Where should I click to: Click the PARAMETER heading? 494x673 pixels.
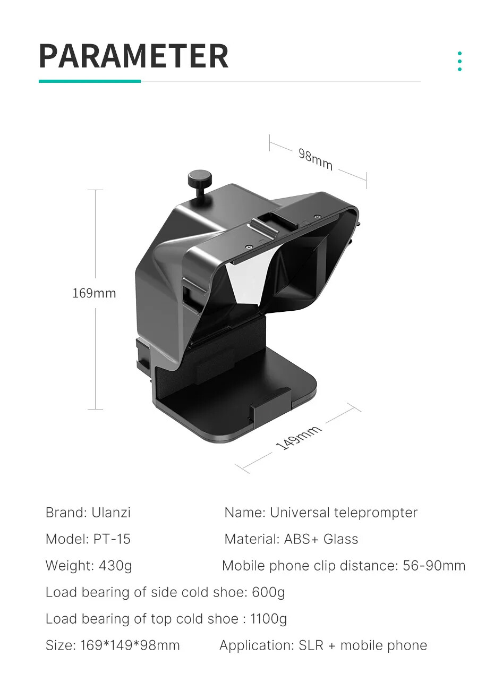click(134, 56)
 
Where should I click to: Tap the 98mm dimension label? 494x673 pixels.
click(315, 159)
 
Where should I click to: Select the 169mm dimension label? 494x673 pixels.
click(94, 293)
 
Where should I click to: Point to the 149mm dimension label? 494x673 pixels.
click(299, 438)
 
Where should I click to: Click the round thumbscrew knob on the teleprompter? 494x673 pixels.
click(200, 179)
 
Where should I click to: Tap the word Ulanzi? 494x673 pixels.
click(111, 513)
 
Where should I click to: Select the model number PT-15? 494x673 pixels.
click(112, 539)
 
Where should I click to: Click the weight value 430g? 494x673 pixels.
click(115, 566)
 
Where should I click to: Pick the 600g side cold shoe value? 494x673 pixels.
click(268, 592)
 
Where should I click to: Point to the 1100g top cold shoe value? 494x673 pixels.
click(268, 619)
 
